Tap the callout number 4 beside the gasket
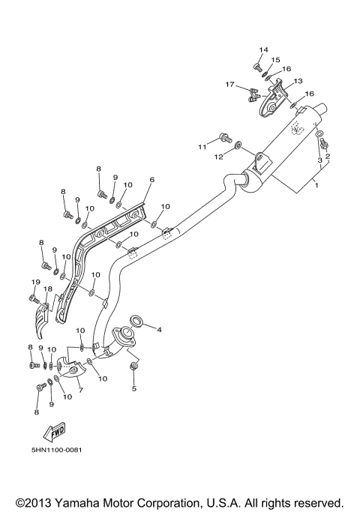click(158, 328)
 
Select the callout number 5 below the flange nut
click(133, 388)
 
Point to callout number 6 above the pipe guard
click(151, 180)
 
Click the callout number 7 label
click(80, 391)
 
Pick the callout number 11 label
click(201, 146)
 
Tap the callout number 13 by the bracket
click(298, 81)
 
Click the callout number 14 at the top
click(263, 49)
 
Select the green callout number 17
click(231, 85)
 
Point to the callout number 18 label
click(46, 289)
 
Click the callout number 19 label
click(34, 281)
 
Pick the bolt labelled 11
click(224, 137)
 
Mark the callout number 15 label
click(276, 59)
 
